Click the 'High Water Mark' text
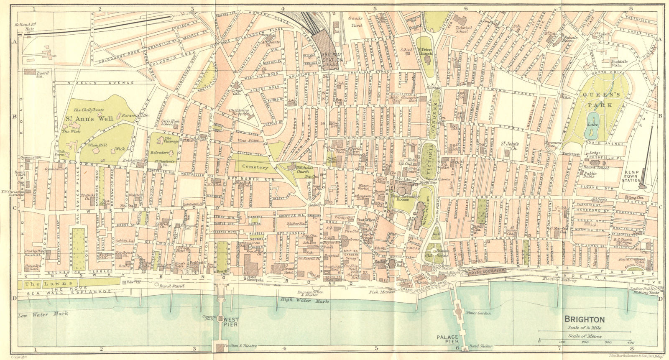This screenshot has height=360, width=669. click(305, 300)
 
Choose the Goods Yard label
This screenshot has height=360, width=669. click(356, 22)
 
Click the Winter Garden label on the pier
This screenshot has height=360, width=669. click(477, 313)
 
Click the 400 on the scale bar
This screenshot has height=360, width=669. click(630, 342)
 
